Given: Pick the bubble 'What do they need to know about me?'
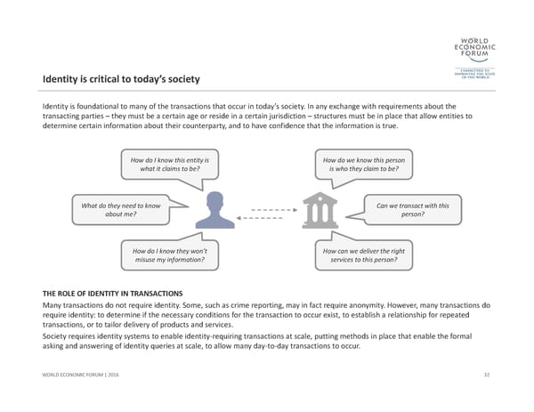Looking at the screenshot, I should tap(121, 210).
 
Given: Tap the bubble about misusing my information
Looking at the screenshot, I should tap(166, 256).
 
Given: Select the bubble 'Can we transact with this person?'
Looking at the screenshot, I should tap(407, 210).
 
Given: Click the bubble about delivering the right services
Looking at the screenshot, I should tap(360, 256).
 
